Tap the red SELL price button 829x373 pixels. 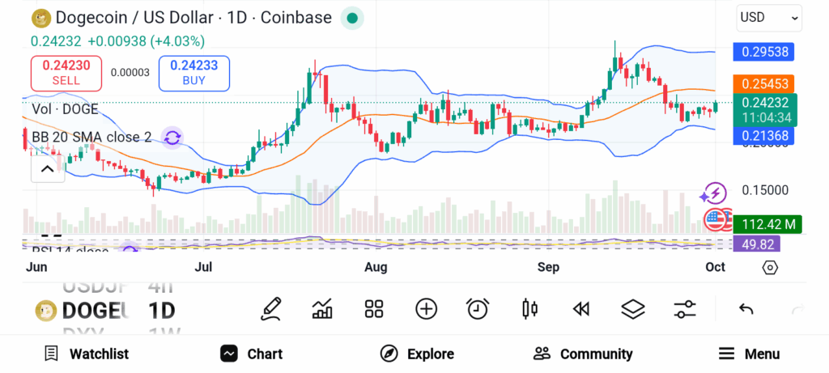point(66,73)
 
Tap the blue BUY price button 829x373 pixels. point(194,73)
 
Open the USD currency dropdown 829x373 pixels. point(769,17)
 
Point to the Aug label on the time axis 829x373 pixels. point(376,267)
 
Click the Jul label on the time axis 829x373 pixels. point(204,267)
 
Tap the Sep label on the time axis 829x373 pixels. point(549,267)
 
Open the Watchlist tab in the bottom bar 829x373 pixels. point(87,354)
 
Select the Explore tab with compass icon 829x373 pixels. point(418,354)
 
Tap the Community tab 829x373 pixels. point(583,354)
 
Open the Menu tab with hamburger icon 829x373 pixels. point(750,354)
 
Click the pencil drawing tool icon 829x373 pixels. point(271,308)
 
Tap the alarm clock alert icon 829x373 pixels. point(478,308)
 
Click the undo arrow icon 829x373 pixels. point(746,308)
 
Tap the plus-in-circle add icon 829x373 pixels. point(426,308)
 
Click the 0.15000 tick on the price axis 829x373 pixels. point(765,190)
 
